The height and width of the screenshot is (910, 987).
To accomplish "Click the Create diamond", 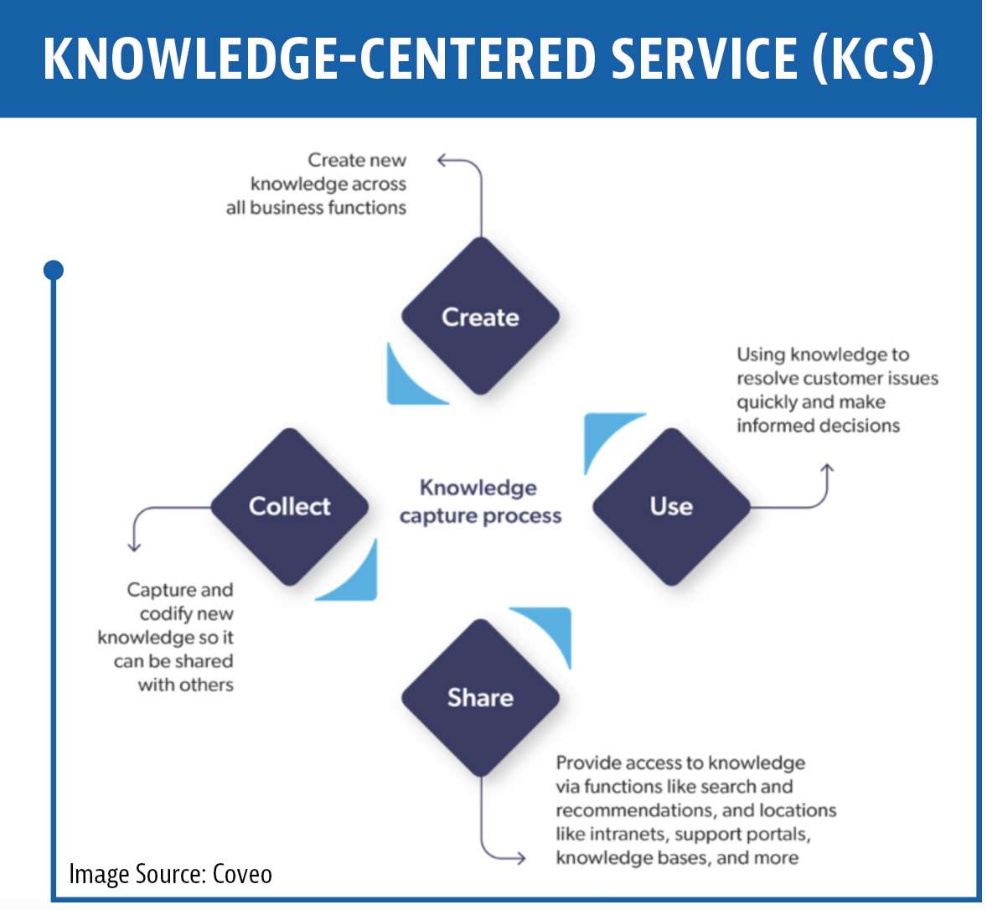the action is point(480,316).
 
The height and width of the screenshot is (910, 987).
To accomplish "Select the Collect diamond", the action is point(290,507).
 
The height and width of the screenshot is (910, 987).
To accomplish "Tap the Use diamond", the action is point(672,507).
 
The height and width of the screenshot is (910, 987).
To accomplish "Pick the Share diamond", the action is point(480,697).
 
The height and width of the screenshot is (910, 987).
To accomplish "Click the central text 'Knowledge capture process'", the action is point(480,502).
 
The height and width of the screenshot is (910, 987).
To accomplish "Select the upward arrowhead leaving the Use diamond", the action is point(827,469).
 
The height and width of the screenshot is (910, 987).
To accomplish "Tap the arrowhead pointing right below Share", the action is point(520,858).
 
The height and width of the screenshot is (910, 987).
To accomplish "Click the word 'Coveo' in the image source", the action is point(242,874).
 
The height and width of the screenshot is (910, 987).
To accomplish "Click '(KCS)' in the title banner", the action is point(873,58).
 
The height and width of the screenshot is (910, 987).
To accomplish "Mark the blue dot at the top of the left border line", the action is point(54,270).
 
